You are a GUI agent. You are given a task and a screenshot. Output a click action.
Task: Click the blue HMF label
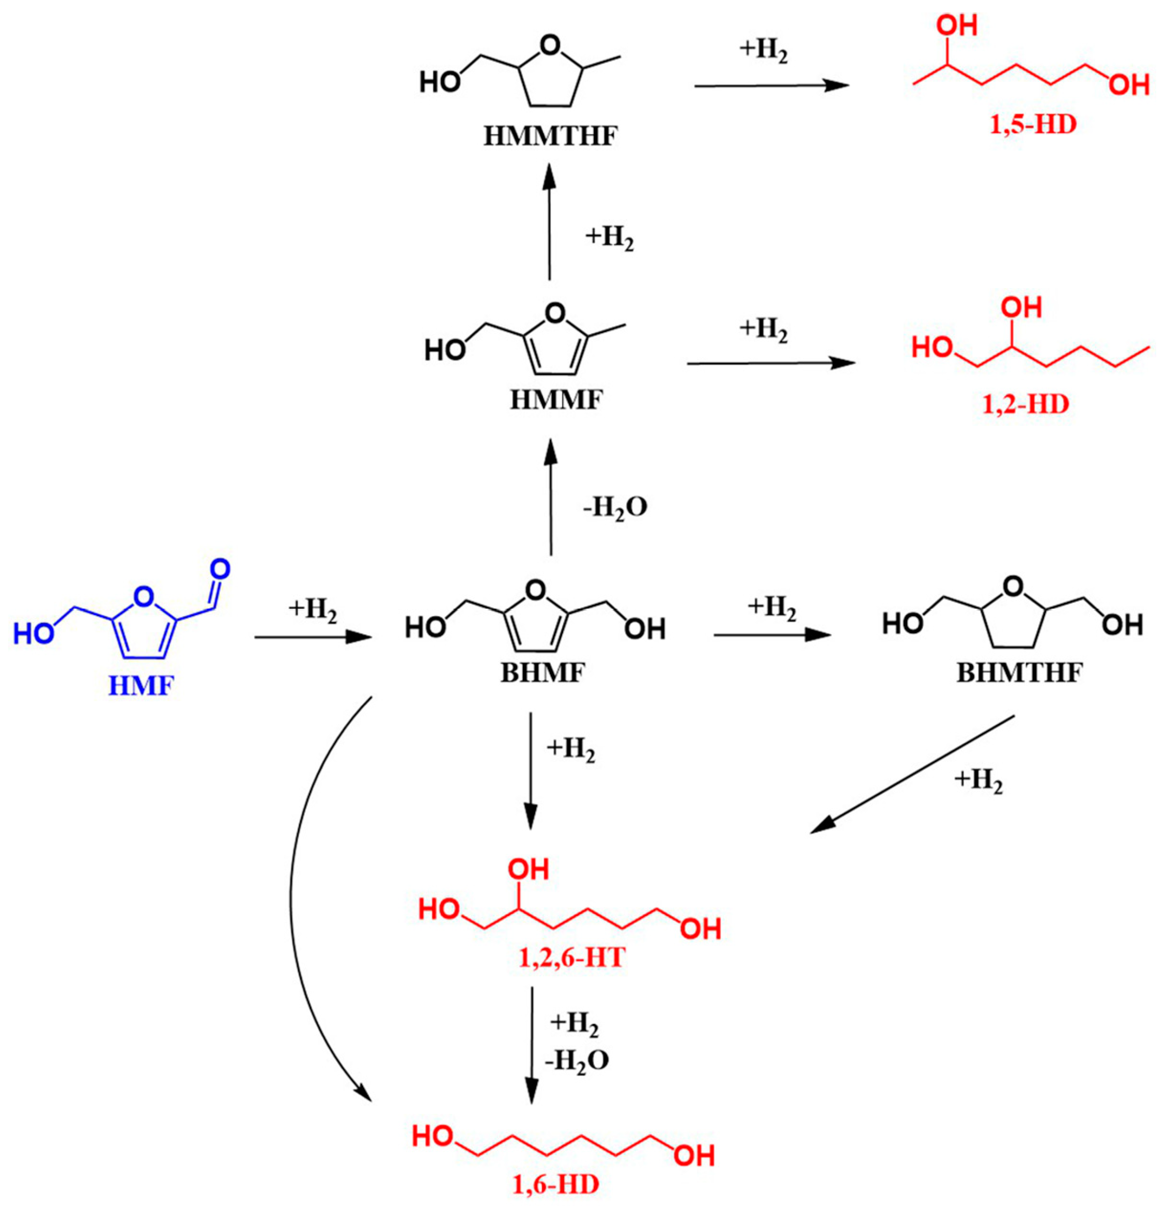(142, 686)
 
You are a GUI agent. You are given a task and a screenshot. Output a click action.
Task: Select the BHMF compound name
(542, 673)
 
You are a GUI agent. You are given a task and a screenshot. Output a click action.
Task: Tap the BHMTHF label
(1020, 673)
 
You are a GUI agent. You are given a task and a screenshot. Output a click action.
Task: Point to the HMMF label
(555, 400)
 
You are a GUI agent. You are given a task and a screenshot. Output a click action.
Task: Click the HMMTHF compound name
(550, 135)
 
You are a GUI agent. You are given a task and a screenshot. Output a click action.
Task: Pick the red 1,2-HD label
(1026, 404)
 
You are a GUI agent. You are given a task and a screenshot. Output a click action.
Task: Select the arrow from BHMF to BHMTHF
(771, 635)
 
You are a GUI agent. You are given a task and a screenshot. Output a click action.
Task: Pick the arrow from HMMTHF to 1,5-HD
(771, 86)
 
